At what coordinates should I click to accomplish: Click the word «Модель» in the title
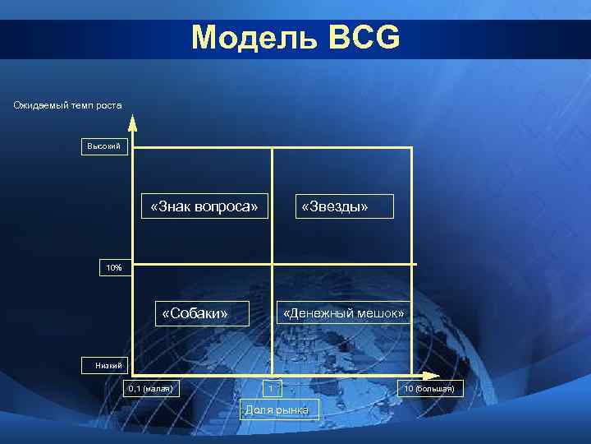252,37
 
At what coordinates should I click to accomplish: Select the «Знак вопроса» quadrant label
209,206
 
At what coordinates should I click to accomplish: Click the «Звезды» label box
334,206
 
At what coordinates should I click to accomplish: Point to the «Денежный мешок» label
343,313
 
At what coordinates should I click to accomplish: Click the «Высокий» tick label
103,146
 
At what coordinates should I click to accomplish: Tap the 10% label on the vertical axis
113,268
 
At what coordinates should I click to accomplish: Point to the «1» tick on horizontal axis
271,388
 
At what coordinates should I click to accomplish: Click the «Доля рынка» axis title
277,409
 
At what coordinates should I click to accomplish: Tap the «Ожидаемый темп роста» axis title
67,104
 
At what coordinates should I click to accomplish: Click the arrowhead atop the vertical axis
132,124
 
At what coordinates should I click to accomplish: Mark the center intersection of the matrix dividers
273,264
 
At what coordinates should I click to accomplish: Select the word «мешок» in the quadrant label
378,313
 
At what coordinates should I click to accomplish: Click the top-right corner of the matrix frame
411,147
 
